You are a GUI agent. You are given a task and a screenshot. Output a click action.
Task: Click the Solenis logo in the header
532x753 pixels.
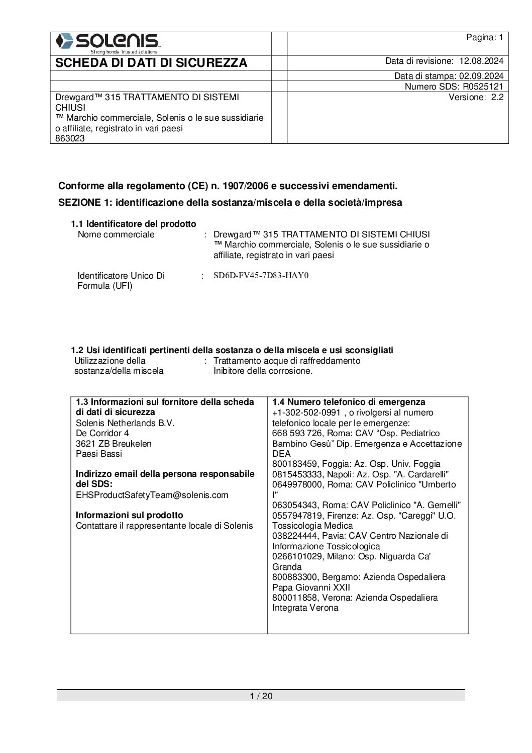click(x=108, y=43)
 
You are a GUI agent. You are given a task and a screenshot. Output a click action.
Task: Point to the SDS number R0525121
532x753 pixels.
click(x=483, y=87)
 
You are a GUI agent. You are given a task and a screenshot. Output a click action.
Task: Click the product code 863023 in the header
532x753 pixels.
click(x=70, y=139)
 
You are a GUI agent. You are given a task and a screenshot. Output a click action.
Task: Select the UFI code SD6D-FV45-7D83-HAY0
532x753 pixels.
click(x=261, y=276)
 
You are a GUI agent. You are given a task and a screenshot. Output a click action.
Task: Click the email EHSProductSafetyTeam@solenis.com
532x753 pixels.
click(x=152, y=495)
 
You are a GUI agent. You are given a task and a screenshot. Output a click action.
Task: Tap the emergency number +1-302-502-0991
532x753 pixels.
click(x=306, y=413)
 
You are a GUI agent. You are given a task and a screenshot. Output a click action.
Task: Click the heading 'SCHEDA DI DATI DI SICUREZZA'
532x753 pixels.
click(x=151, y=63)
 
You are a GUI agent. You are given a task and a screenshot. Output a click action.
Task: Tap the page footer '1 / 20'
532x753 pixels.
click(x=261, y=696)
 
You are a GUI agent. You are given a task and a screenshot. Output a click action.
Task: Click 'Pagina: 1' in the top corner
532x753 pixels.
click(x=484, y=38)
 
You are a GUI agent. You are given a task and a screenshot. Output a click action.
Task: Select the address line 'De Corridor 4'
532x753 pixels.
click(x=102, y=433)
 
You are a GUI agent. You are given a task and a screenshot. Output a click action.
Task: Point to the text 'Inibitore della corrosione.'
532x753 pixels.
click(x=263, y=371)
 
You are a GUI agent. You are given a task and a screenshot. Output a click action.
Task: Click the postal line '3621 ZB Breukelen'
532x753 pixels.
click(x=114, y=444)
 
